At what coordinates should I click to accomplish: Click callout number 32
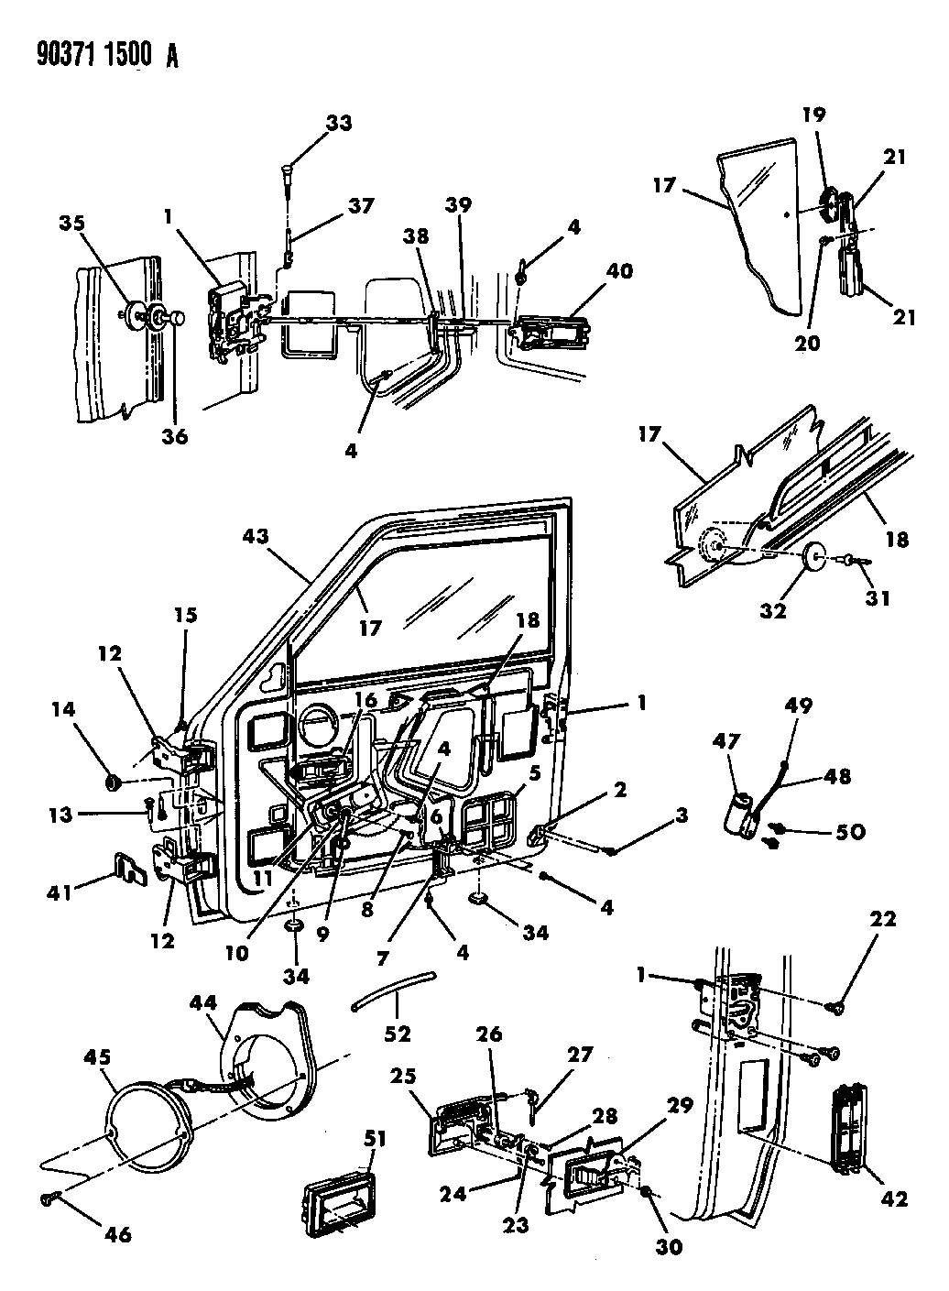click(x=774, y=609)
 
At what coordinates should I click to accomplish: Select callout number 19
click(x=814, y=115)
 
